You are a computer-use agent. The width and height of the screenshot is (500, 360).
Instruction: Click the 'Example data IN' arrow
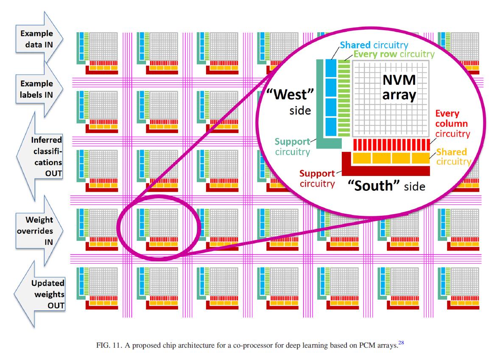(x=38, y=39)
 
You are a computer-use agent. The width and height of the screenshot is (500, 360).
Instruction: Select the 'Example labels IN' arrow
(x=38, y=89)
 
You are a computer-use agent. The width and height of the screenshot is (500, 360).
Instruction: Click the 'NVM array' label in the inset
(x=399, y=87)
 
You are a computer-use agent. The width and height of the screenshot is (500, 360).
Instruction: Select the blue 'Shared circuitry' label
(x=374, y=45)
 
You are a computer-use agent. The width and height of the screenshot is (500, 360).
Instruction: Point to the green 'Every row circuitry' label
(x=394, y=54)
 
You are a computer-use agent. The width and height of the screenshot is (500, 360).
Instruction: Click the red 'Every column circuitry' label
(x=451, y=124)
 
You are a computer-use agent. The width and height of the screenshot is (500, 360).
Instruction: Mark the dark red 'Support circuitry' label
(x=317, y=179)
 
